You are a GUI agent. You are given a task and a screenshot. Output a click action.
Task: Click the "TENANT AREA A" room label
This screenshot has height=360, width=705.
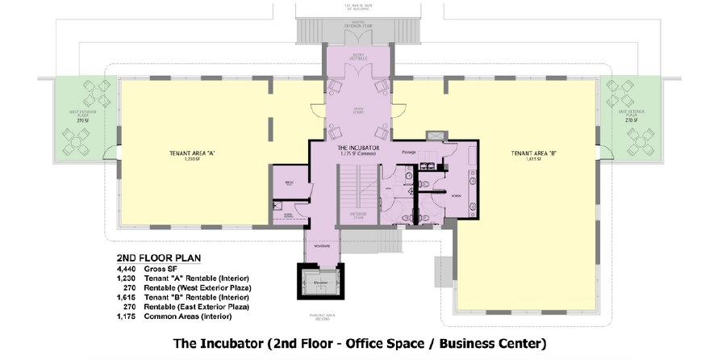(x=192, y=153)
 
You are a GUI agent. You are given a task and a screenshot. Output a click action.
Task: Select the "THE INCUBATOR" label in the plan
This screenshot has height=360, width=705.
(x=358, y=149)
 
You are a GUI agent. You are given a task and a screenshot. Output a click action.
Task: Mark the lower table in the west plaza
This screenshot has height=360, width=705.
(x=80, y=144)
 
